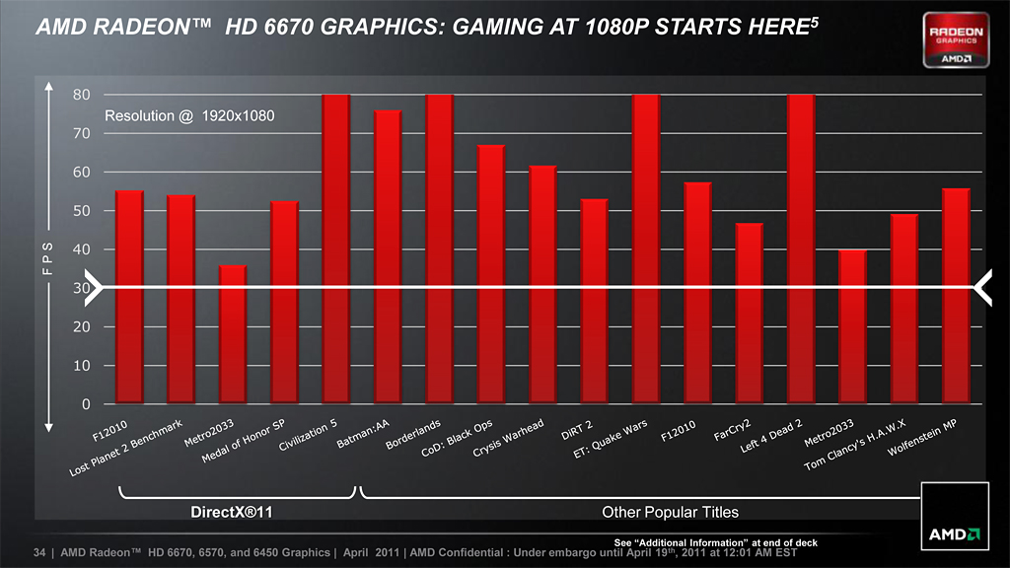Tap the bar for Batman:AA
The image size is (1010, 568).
coord(388,256)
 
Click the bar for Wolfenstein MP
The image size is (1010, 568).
coord(956,296)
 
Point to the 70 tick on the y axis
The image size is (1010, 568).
coord(82,133)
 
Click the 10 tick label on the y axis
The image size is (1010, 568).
coord(82,366)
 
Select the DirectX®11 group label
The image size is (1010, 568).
coord(236,512)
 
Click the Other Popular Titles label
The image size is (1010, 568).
coord(670,512)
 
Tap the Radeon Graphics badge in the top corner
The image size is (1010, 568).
coord(956,40)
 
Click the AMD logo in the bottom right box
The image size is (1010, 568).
coord(953,533)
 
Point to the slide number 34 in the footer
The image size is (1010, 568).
coord(40,553)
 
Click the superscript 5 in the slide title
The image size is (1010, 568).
coord(814,21)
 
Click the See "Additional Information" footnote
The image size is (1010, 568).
coord(715,542)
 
